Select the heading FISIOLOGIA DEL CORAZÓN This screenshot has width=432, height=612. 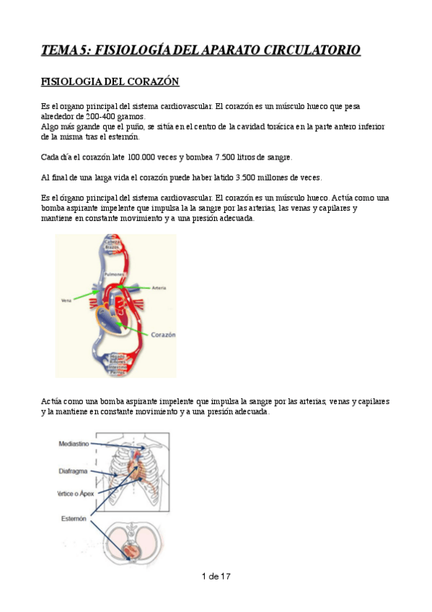tap(110, 82)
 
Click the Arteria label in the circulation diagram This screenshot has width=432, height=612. tap(159, 287)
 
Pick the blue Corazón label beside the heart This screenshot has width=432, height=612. tap(163, 335)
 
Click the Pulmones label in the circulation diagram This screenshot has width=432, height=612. tap(115, 275)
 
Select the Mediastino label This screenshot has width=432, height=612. tap(74, 445)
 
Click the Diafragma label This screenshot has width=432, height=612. tap(74, 471)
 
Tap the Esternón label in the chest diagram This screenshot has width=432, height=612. tap(74, 518)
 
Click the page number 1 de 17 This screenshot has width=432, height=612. tap(216, 576)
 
